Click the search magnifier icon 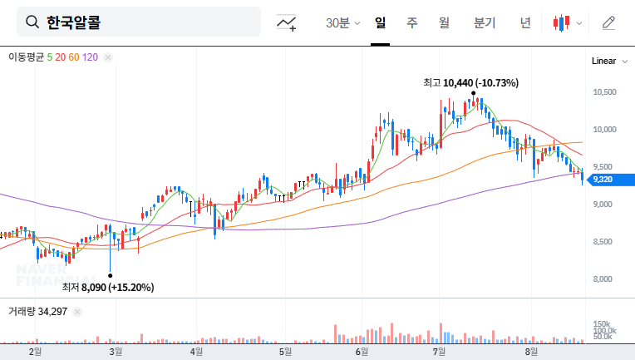(32, 22)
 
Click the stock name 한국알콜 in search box (74, 22)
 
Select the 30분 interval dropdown (342, 22)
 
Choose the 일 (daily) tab (380, 22)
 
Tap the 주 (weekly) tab (411, 22)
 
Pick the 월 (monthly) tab (444, 22)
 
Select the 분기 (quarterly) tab (484, 22)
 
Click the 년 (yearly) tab (525, 22)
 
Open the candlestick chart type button (567, 22)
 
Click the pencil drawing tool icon (608, 22)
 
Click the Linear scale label (603, 61)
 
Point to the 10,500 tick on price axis (604, 91)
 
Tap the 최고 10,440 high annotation (470, 82)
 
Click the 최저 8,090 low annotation (108, 287)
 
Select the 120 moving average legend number (91, 57)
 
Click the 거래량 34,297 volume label (37, 311)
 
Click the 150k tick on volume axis (603, 323)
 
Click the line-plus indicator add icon (287, 22)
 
